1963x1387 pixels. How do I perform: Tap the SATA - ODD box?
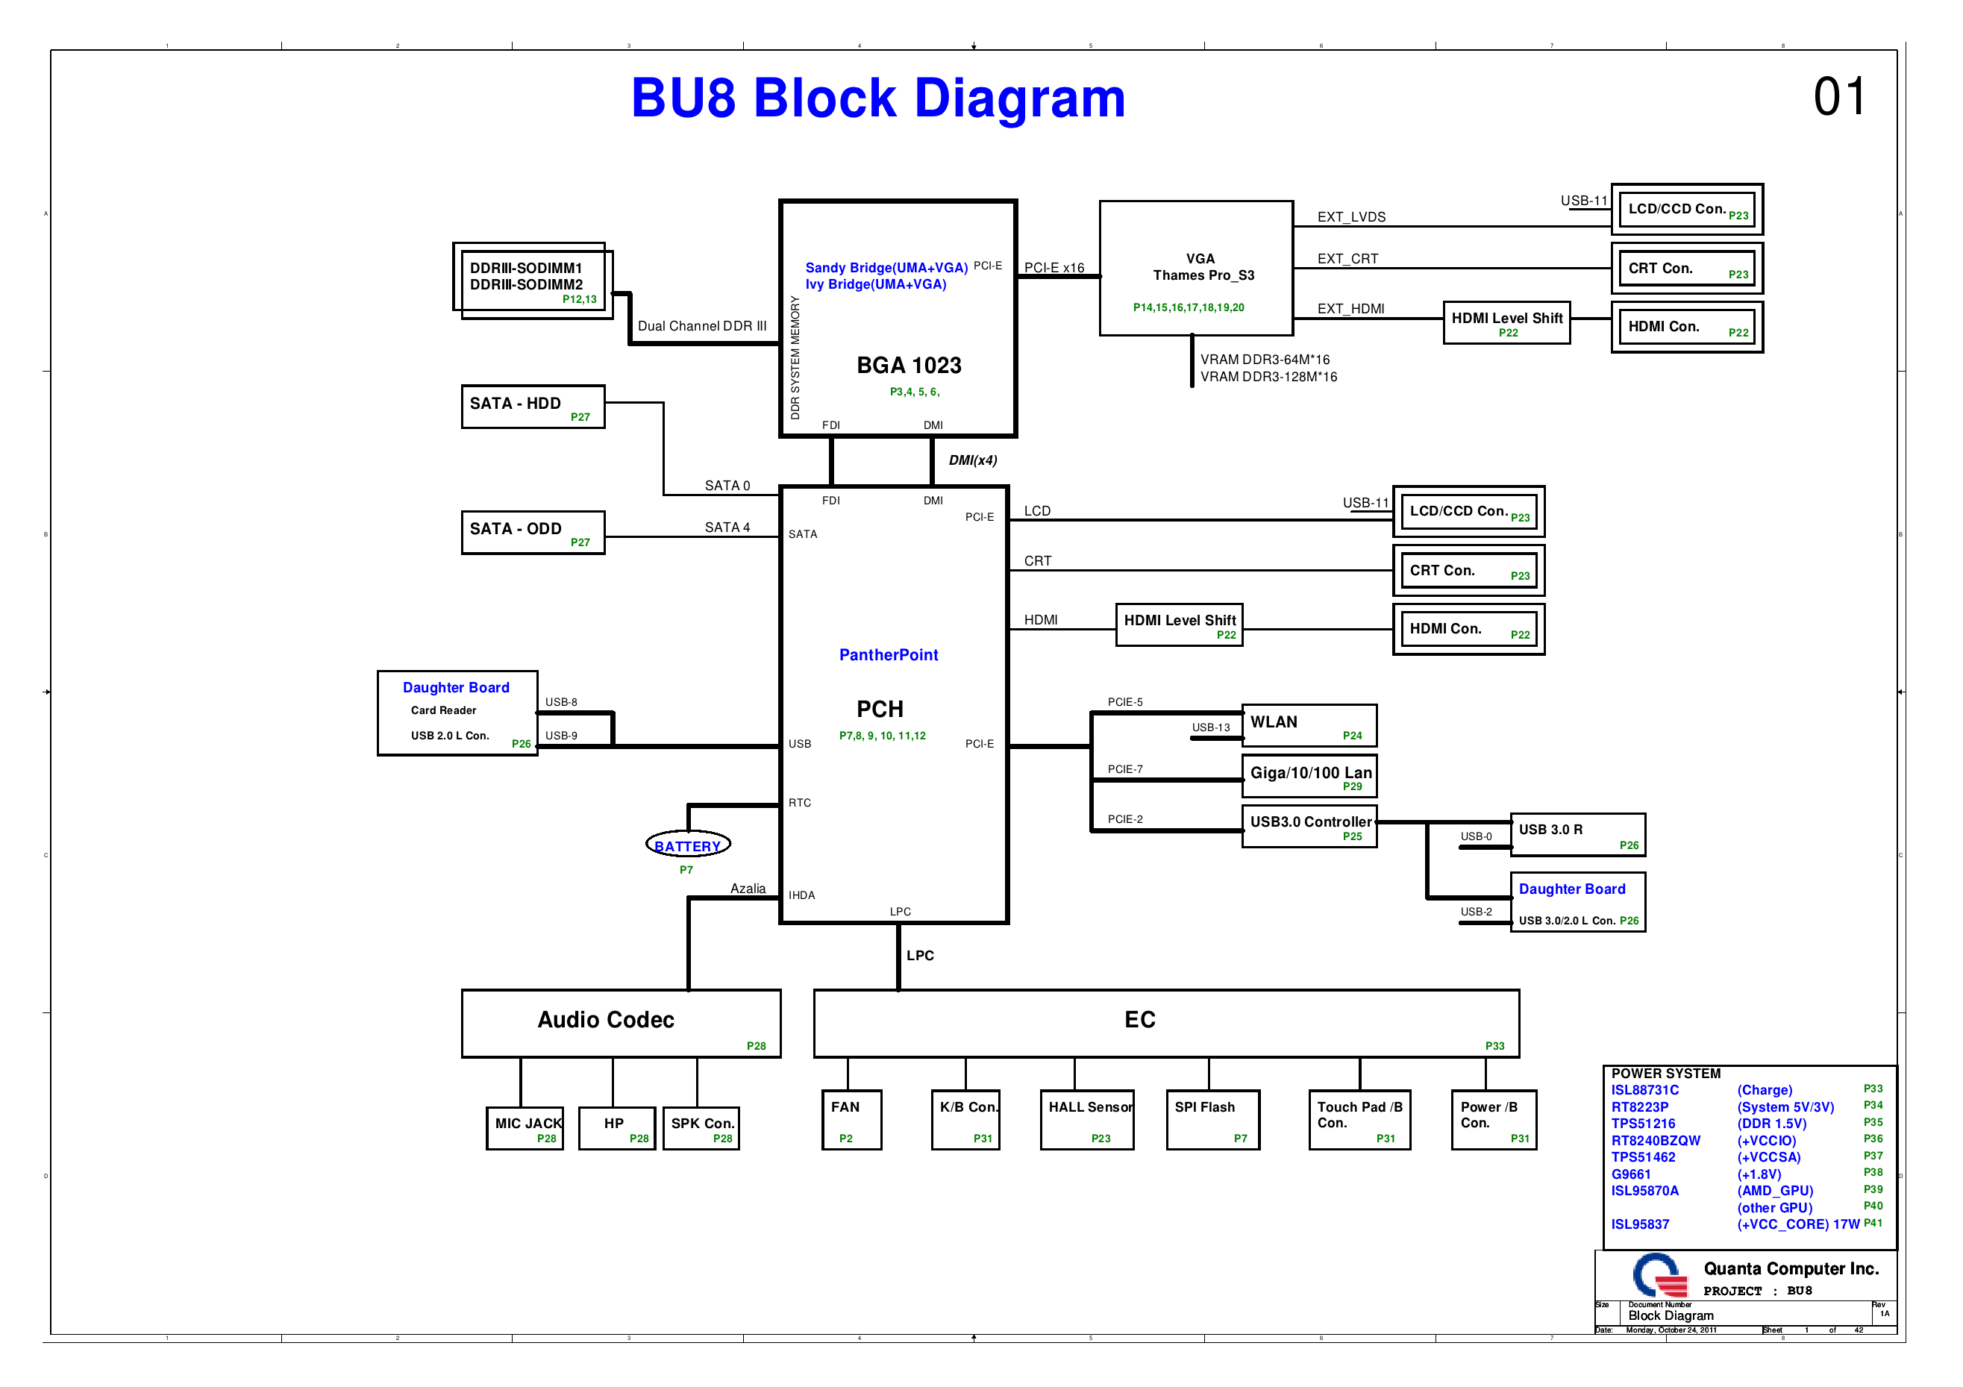[x=533, y=532]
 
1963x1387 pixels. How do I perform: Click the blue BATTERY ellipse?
[x=687, y=845]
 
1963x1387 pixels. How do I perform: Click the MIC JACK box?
[x=525, y=1128]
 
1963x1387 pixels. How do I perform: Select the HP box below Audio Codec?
[x=616, y=1128]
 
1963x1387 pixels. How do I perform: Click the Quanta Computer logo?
[x=1659, y=1276]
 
